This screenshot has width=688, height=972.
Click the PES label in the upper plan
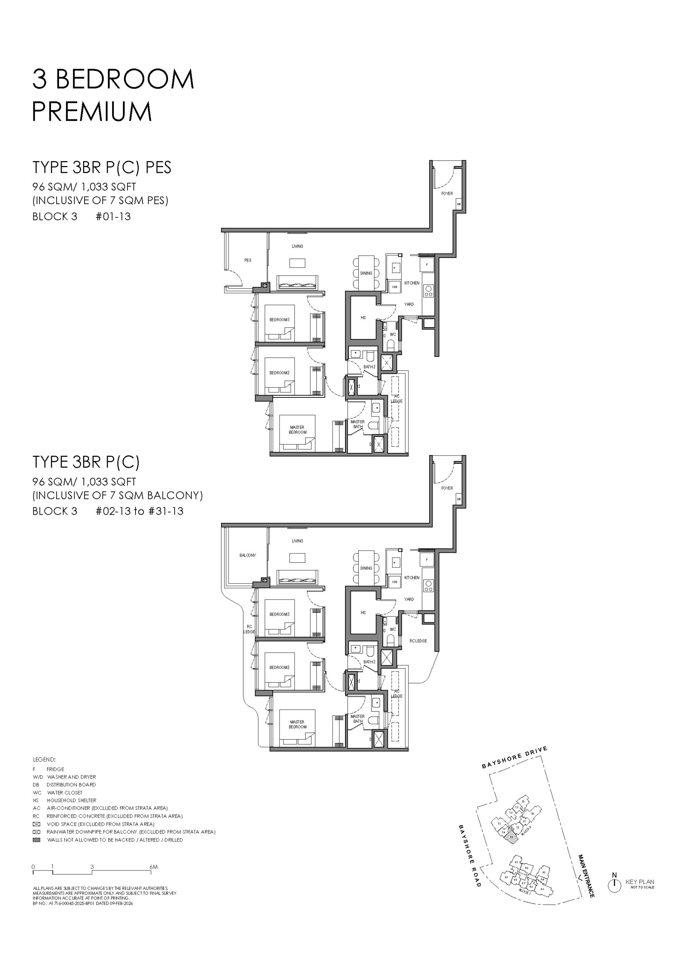(248, 260)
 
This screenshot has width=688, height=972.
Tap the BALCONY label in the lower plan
(248, 555)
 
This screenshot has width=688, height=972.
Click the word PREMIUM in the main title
(92, 112)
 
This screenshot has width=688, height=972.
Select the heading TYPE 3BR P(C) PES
(102, 167)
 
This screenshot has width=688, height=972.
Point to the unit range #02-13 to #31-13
(140, 511)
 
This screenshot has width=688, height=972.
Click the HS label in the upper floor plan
(363, 318)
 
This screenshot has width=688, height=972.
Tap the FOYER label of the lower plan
(447, 488)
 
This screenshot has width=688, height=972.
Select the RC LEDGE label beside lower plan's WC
(418, 641)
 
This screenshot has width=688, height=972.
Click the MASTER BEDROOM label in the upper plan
(297, 430)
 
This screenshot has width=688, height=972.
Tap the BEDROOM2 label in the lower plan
(279, 667)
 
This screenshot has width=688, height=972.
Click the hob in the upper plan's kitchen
(429, 291)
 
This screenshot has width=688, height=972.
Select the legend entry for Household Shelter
(71, 800)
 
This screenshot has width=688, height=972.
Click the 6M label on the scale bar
(154, 867)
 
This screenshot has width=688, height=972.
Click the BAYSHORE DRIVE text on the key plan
(514, 758)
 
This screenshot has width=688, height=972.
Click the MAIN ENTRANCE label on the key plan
(586, 876)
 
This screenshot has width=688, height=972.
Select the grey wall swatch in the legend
(37, 840)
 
